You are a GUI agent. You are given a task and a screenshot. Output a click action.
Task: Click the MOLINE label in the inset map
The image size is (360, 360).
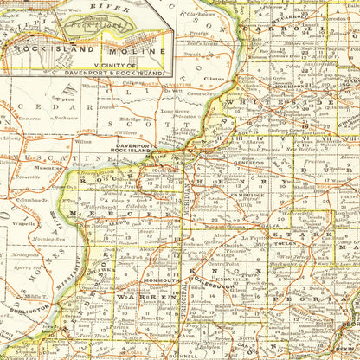coord(124,60)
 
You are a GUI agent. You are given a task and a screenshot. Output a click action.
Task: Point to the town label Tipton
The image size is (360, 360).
coord(64,99)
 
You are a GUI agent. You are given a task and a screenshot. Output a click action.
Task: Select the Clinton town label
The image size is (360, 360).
coord(214,79)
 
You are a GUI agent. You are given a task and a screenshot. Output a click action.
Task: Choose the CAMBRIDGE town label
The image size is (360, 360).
coord(252,195)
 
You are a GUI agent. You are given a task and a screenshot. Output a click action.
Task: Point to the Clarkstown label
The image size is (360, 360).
coord(223,15)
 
